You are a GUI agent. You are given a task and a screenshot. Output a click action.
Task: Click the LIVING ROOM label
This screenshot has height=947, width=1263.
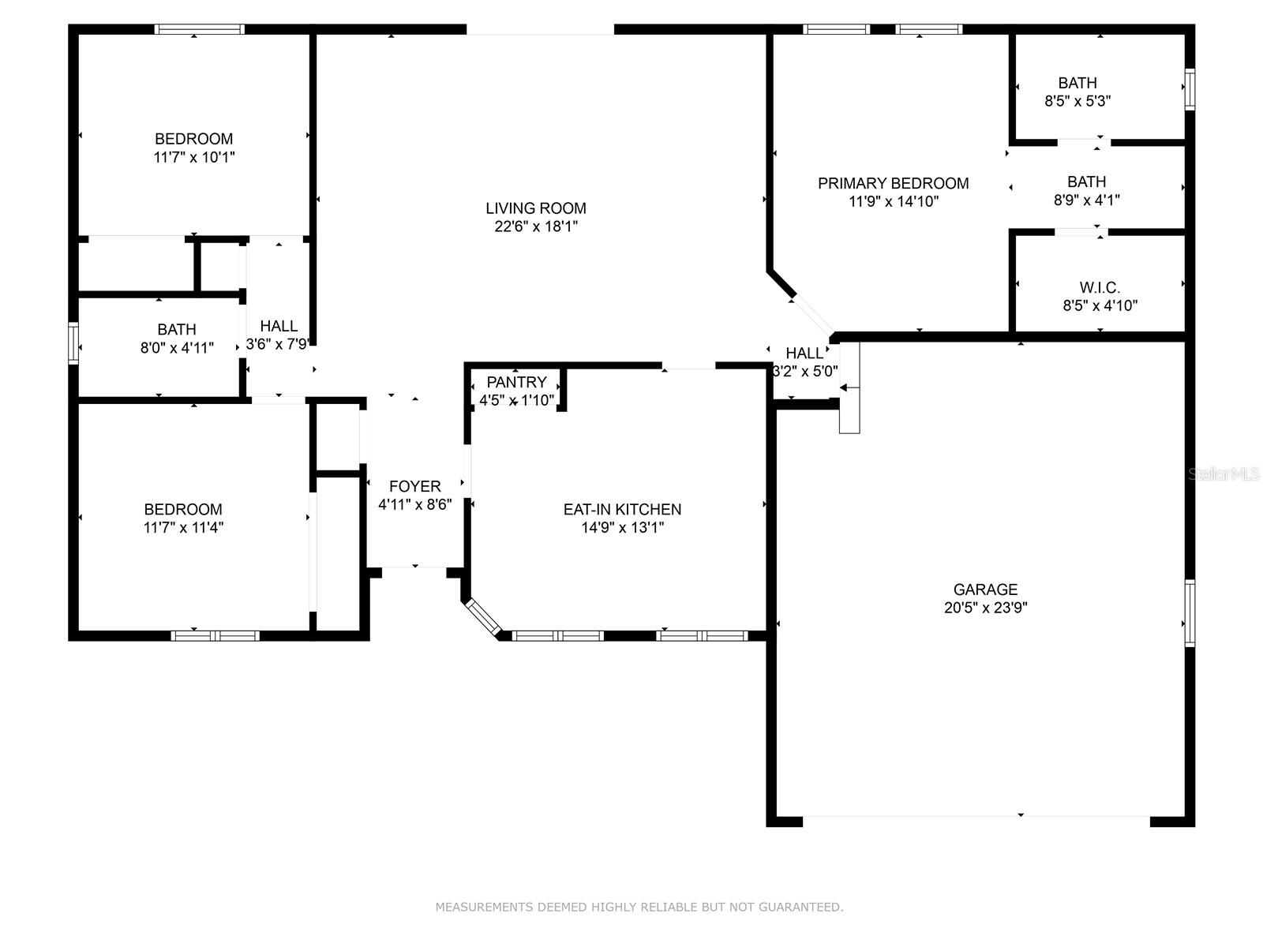tap(535, 208)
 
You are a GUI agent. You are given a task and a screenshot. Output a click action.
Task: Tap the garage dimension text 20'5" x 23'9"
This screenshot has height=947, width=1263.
tap(985, 608)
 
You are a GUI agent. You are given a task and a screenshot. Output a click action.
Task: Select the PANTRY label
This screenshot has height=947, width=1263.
tap(516, 382)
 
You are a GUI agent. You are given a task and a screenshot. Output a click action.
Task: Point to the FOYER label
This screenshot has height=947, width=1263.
tap(414, 486)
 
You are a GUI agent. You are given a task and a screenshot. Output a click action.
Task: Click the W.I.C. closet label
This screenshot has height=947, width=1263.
tap(1100, 287)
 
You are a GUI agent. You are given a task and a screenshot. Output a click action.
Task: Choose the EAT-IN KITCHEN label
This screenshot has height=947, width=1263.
tap(622, 509)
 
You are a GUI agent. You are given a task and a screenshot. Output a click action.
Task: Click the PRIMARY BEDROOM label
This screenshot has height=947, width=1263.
tap(893, 183)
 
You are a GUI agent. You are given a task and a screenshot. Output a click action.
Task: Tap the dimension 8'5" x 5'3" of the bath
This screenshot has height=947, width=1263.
tap(1077, 101)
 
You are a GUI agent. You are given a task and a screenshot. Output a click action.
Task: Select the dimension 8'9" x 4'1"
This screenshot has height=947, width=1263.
tap(1086, 200)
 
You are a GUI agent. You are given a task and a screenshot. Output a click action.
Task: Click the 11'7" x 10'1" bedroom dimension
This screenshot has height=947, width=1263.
tap(193, 157)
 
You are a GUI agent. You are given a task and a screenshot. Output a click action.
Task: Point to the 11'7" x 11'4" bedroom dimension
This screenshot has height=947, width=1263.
tap(183, 527)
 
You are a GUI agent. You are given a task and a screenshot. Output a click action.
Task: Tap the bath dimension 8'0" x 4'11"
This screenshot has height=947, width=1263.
tap(177, 347)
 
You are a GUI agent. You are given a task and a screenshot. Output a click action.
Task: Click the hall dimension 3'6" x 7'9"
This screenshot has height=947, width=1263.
tap(279, 344)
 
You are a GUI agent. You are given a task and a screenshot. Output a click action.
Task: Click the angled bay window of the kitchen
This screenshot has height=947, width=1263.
tap(482, 617)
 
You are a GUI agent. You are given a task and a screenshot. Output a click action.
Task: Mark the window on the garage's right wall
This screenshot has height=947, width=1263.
tap(1189, 613)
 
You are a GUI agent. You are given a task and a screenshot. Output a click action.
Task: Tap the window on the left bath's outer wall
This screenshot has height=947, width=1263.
tap(73, 342)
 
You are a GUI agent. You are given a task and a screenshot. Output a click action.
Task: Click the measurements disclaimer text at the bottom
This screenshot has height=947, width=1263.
tap(639, 908)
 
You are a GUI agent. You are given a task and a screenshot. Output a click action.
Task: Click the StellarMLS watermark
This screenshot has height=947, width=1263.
tap(1224, 474)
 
